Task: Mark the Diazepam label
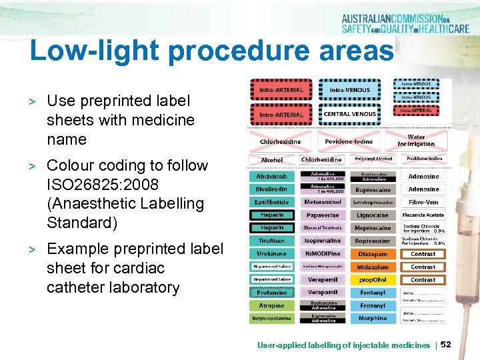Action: tap(373, 254)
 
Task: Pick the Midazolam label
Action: tap(373, 267)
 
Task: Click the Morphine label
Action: tap(373, 318)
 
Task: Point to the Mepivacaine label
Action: tap(373, 228)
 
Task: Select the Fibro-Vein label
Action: tap(423, 202)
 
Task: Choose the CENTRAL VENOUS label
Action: tap(350, 114)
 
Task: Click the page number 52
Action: tap(447, 344)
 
